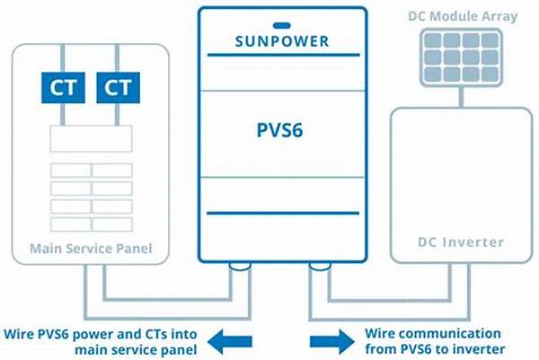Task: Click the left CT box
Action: (x=62, y=88)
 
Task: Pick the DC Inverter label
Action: (x=462, y=242)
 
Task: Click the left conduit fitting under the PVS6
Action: (x=242, y=267)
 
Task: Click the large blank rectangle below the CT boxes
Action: (x=90, y=138)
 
